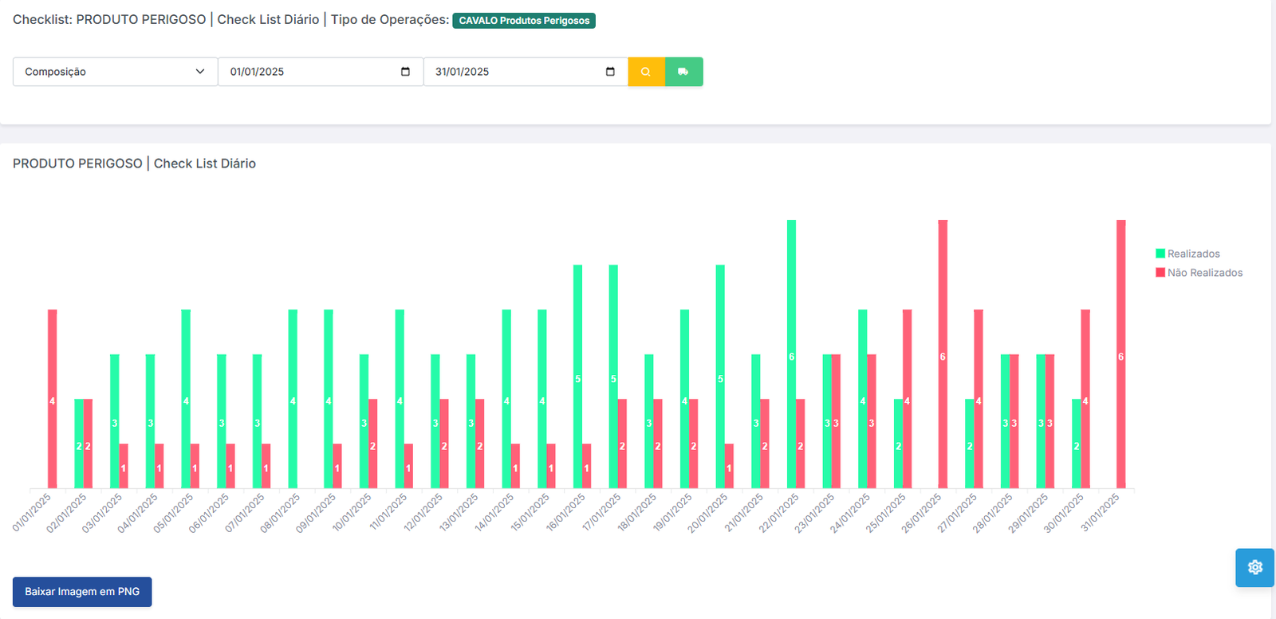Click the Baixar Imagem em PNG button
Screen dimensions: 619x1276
(82, 592)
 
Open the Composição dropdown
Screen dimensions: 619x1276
(115, 72)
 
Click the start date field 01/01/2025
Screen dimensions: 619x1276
(320, 72)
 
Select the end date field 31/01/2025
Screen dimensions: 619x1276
(525, 72)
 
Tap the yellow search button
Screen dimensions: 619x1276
(646, 72)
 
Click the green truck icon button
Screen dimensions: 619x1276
(683, 72)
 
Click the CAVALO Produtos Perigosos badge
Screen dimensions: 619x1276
(524, 21)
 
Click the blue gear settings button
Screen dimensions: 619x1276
(1254, 567)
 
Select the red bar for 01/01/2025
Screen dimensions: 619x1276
(53, 399)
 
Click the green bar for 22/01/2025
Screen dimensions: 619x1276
(791, 355)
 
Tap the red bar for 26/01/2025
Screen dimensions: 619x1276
(943, 355)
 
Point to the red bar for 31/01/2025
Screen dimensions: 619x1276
(1120, 355)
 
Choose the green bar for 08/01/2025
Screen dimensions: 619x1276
(293, 399)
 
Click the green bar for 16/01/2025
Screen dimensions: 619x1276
(577, 377)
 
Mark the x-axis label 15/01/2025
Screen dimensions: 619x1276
(530, 512)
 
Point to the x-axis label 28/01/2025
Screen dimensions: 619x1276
(992, 512)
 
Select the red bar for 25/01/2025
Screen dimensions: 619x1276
(907, 399)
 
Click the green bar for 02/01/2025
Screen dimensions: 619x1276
(79, 444)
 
